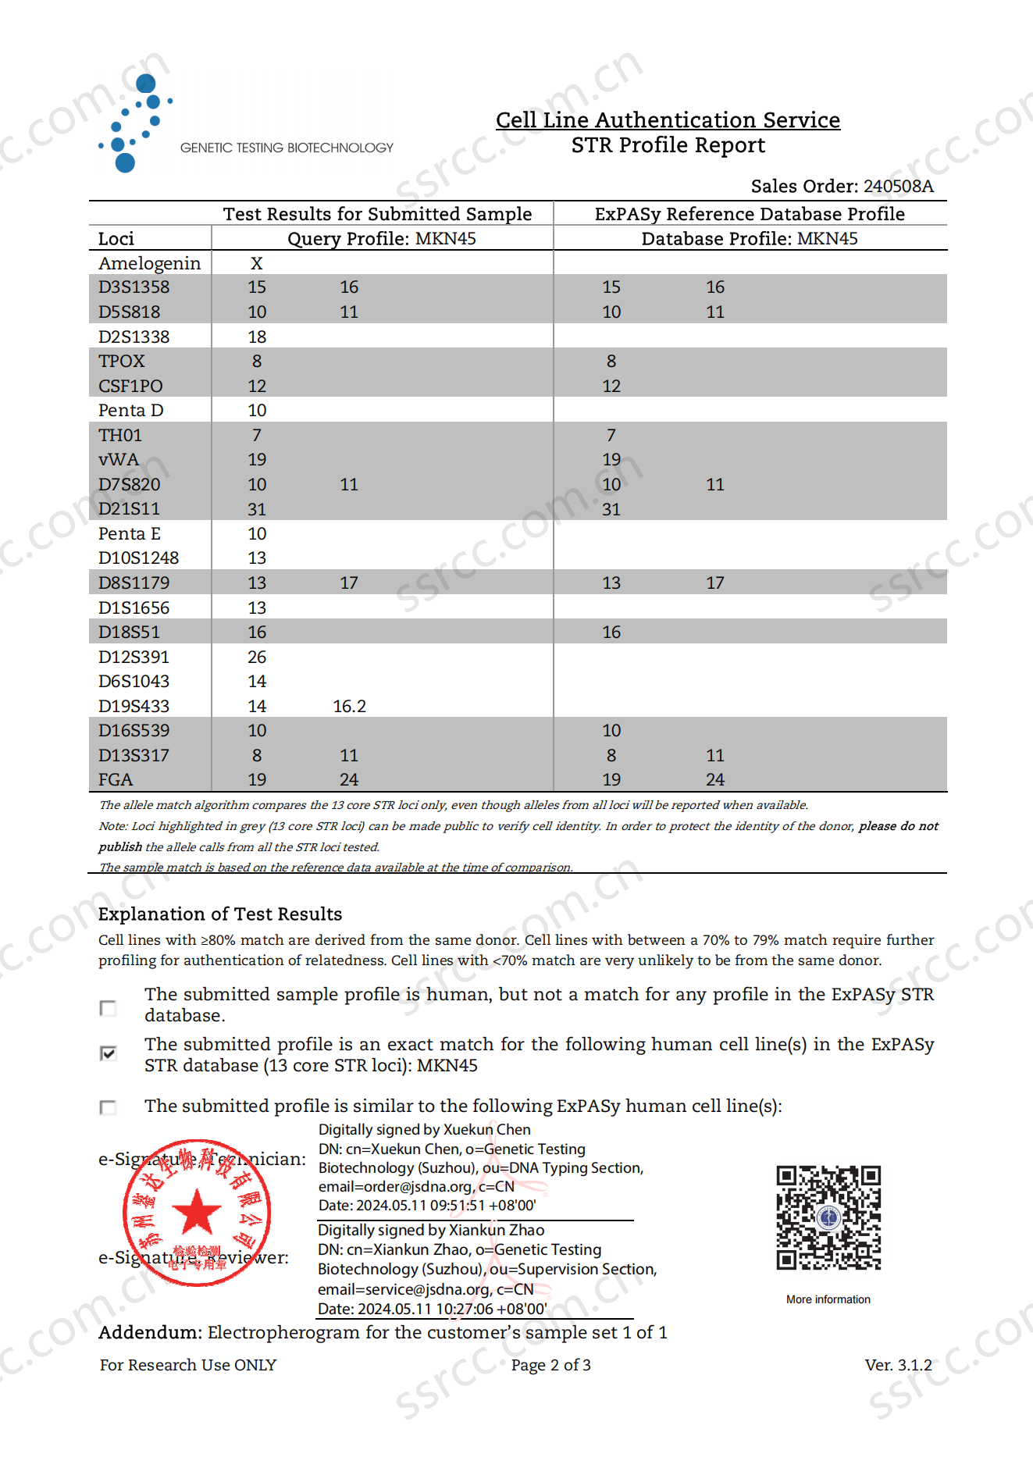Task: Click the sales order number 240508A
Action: point(898,186)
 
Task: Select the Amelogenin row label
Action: point(149,263)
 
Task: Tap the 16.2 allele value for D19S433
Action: point(349,706)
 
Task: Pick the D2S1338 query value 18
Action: point(257,337)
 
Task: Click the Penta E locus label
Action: point(130,533)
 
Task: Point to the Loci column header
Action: point(116,238)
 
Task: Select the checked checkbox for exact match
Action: point(109,1053)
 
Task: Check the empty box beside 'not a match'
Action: point(109,1008)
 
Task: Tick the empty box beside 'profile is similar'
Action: point(109,1107)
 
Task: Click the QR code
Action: point(828,1217)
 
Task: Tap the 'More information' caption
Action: point(828,1299)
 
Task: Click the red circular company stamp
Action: point(197,1213)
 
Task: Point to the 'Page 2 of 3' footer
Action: point(550,1365)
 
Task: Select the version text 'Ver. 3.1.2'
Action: point(898,1365)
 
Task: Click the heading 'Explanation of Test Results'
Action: point(220,914)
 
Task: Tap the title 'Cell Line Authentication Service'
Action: point(668,119)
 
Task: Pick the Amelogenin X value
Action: point(257,263)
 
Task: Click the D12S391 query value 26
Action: point(257,657)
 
